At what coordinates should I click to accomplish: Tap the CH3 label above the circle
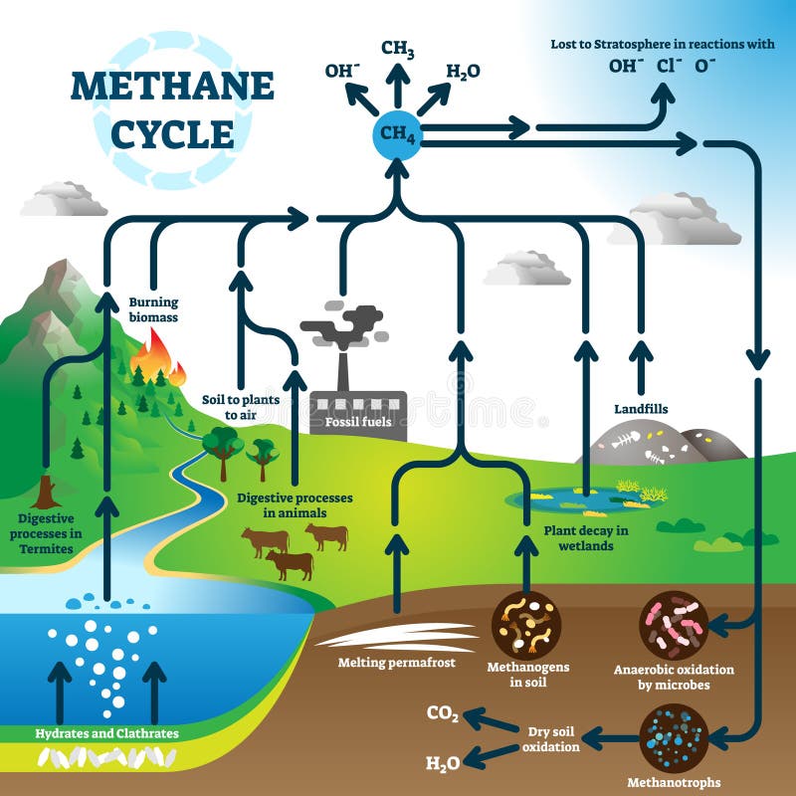pos(398,50)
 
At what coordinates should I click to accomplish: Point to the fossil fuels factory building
pos(358,413)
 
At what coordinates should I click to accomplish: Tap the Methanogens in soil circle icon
pos(526,624)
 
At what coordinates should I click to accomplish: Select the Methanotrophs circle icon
pos(674,737)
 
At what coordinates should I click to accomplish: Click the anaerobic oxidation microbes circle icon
pos(674,625)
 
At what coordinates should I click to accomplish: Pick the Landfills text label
pos(641,409)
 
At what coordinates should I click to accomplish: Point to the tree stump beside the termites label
pos(46,492)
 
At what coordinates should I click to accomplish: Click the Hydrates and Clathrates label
pos(107,734)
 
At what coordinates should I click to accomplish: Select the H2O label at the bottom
pos(443,763)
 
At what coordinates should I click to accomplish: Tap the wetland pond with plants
pos(587,497)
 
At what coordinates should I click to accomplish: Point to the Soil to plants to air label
pos(240,406)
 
